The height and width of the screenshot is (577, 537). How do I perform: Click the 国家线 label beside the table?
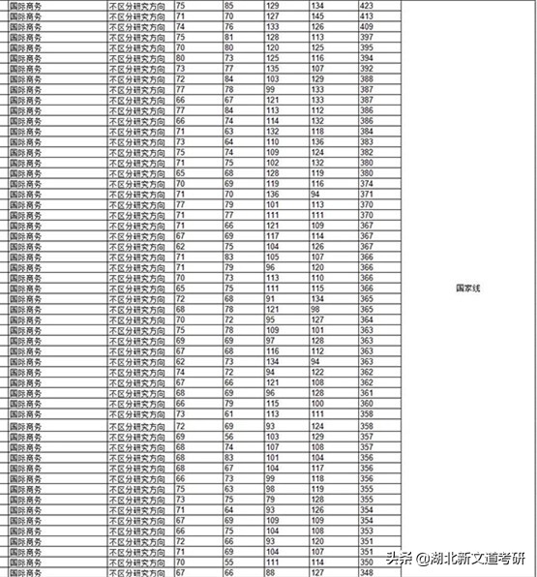pyautogui.click(x=469, y=288)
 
